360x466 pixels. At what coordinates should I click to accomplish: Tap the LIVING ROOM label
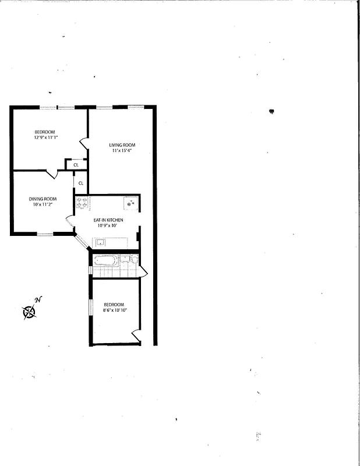[x=122, y=145]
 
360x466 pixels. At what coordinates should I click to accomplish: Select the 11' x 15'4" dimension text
[x=122, y=151]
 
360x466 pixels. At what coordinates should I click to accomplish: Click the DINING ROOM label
[x=42, y=199]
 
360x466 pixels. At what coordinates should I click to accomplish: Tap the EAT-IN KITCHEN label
[x=108, y=220]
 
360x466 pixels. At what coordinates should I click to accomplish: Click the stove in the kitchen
[x=82, y=203]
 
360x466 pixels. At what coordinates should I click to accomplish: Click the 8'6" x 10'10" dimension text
[x=114, y=310]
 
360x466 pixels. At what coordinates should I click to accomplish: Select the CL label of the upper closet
[x=76, y=165]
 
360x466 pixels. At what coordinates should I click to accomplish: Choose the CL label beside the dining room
[x=80, y=183]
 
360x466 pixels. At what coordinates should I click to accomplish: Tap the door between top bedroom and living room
[x=84, y=142]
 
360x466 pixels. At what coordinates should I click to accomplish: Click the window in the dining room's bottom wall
[x=45, y=234]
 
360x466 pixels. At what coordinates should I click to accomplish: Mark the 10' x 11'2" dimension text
[x=42, y=205]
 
